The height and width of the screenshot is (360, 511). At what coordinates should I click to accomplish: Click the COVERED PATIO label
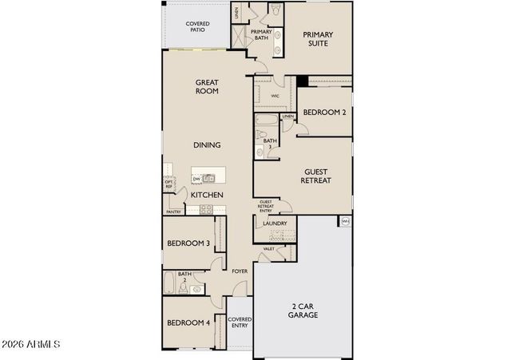198,26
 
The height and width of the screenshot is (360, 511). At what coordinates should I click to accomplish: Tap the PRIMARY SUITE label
317,40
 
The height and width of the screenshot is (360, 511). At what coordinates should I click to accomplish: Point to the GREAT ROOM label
208,87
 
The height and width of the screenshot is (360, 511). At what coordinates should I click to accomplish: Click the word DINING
207,145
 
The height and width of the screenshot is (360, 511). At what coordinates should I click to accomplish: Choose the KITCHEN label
206,195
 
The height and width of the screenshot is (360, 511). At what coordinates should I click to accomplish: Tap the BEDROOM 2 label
323,113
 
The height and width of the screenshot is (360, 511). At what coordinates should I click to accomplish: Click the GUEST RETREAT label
317,176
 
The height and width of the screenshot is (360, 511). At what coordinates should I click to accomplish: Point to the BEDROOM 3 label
188,243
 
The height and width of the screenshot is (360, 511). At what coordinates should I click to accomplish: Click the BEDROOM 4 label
188,323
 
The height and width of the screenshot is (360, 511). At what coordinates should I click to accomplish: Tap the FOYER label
240,271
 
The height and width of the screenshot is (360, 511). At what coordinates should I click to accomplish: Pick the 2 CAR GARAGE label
303,311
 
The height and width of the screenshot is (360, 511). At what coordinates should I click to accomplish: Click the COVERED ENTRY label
240,322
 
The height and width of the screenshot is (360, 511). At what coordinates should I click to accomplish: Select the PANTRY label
172,212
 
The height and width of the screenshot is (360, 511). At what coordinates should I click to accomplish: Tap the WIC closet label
275,96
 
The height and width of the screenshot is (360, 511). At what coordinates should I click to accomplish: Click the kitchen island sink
209,178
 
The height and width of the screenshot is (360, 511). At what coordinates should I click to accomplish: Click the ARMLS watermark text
32,345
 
